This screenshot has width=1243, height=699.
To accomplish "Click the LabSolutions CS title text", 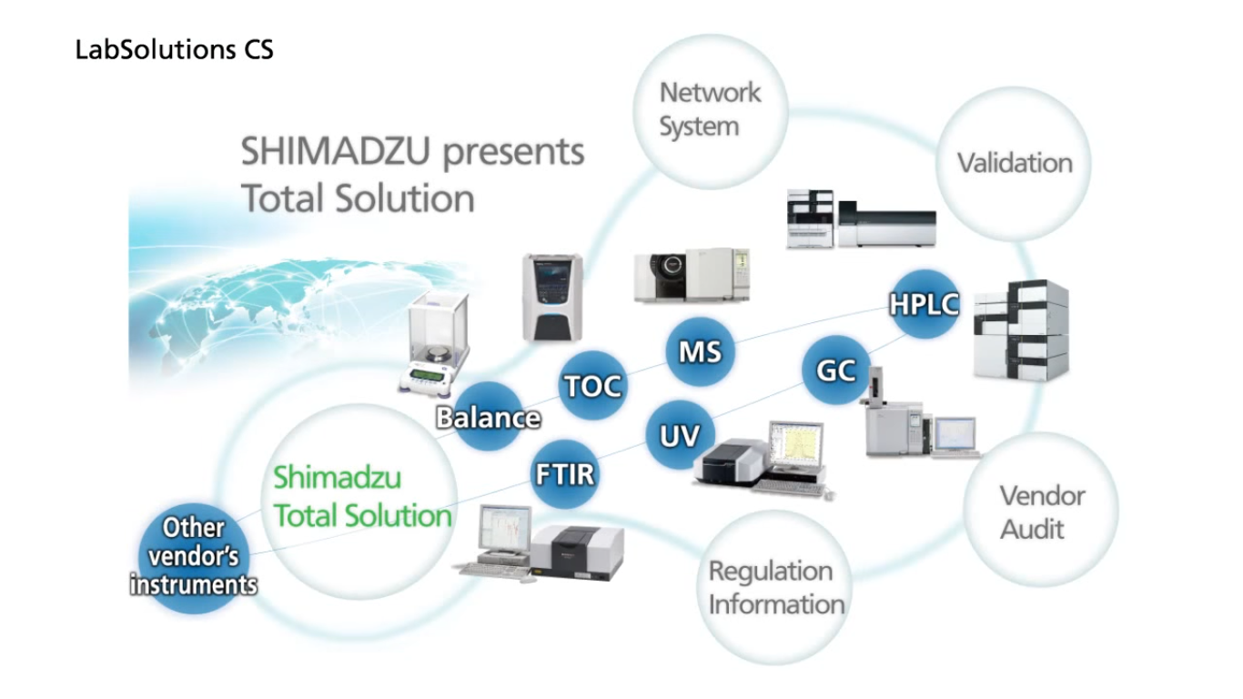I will click(174, 51).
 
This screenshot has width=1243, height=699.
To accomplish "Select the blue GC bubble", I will click(836, 371).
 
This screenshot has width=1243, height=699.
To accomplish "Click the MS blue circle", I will click(700, 350).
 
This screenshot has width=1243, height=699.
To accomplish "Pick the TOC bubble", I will click(592, 386).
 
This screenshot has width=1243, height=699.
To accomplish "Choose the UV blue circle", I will click(680, 435).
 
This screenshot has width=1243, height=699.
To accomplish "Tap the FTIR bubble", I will click(564, 474).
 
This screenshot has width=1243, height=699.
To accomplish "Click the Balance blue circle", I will click(489, 418).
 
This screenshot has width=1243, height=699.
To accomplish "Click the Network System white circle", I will click(710, 109).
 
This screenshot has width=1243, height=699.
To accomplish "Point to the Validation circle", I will click(1014, 164).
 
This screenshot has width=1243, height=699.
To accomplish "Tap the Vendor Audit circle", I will click(1041, 512).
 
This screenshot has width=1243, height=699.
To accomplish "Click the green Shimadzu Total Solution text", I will click(363, 497).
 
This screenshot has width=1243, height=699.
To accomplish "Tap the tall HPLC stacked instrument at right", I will click(1021, 329).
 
